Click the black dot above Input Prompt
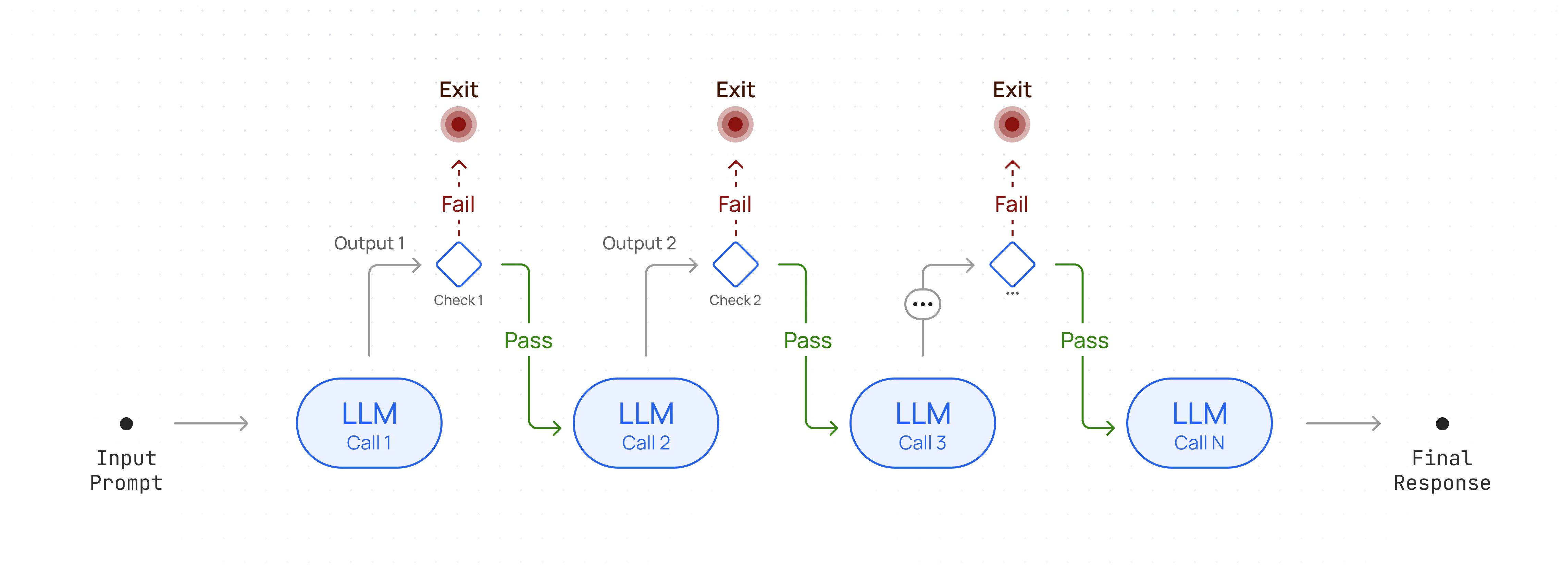coord(126,423)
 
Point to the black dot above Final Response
coord(1442,423)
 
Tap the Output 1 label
coord(369,243)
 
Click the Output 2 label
coord(639,243)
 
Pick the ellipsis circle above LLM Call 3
coord(922,304)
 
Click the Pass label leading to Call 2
coord(528,340)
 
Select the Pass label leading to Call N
coord(1084,340)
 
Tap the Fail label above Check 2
coord(734,205)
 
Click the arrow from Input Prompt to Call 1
coord(211,423)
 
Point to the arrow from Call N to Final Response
coord(1343,423)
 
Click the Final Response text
coord(1442,471)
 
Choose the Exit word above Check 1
coord(458,90)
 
